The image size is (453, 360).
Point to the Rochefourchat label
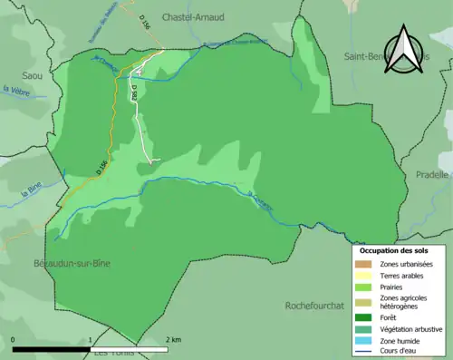click(314, 306)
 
